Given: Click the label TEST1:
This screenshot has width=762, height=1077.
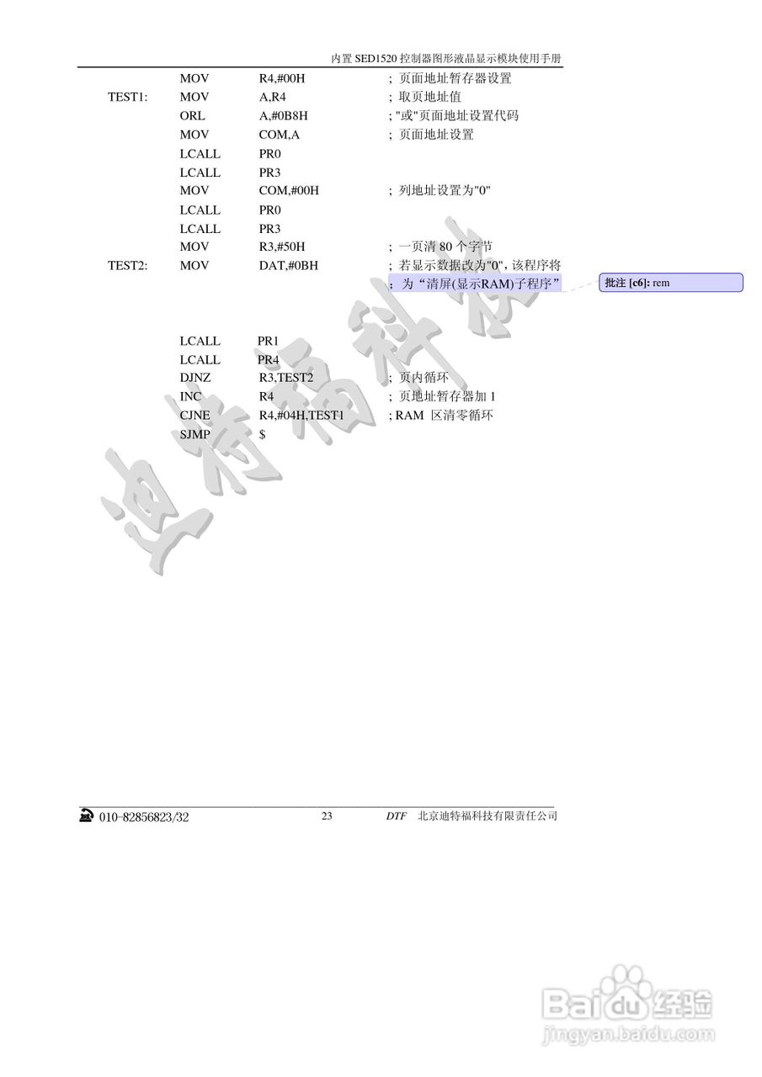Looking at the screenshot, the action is (128, 98).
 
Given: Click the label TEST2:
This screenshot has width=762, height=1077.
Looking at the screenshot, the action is (128, 266).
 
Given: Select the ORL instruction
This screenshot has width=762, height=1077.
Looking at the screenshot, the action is (192, 116).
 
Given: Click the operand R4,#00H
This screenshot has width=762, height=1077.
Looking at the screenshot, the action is (281, 79).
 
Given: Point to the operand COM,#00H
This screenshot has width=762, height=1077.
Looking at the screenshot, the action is (289, 191).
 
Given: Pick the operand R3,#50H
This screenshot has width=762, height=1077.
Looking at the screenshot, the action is (282, 247).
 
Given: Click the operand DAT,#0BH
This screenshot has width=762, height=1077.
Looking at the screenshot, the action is (289, 266).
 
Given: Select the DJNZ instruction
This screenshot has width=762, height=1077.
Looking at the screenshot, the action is (195, 378).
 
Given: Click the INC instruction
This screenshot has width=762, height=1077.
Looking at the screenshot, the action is (190, 396).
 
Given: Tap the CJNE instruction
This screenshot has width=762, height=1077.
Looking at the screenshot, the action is (195, 416).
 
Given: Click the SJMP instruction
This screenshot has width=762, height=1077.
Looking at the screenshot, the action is (195, 434).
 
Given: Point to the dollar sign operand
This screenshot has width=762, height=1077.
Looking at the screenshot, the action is (263, 434).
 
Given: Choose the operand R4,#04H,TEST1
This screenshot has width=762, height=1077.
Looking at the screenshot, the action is (301, 416).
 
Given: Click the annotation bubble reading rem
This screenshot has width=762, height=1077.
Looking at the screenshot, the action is (670, 283).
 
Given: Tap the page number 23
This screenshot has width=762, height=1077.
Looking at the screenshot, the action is (327, 816).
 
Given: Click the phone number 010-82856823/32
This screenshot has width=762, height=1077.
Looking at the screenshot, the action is (144, 817).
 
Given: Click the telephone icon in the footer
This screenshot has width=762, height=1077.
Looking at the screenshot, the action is (86, 816).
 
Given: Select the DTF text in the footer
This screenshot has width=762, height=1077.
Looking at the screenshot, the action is (396, 816).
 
